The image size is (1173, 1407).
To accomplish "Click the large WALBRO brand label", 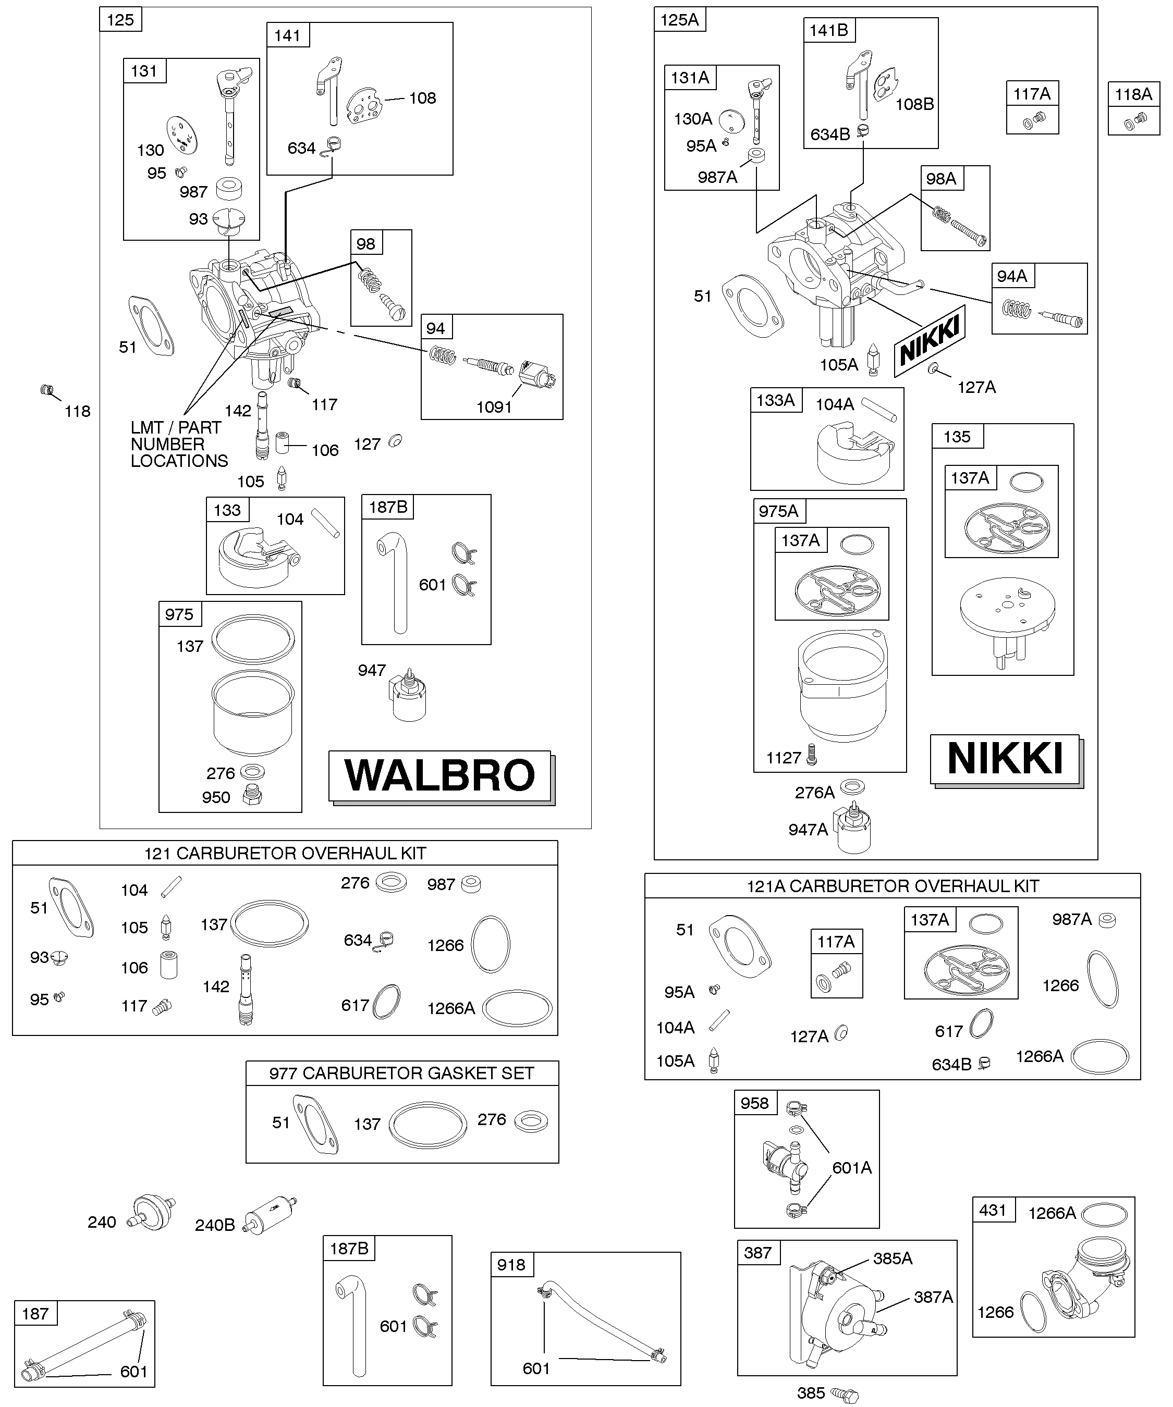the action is point(441,776).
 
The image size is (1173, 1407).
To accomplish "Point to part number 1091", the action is point(494,408).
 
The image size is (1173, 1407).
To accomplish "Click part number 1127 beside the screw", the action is point(784,758).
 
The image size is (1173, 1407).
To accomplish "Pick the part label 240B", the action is point(214,1226).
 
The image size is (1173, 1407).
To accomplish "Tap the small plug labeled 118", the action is point(47,389).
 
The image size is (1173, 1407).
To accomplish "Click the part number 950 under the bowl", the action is point(216,797).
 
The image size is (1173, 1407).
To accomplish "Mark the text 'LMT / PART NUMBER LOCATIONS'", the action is point(179,444).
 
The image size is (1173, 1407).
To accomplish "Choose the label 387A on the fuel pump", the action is point(933,1297).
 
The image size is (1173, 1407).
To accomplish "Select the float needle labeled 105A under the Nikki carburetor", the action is point(874,361).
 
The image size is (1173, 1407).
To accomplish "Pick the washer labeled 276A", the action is point(852,785).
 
